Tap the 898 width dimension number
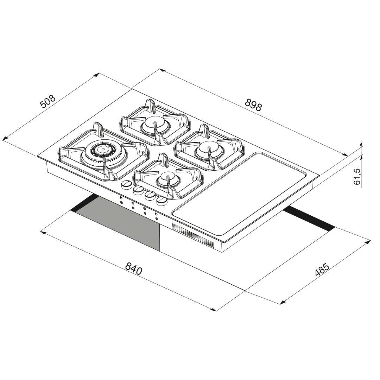(x=253, y=104)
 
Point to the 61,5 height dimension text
(x=357, y=177)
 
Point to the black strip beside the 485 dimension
(x=310, y=219)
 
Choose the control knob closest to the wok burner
(x=126, y=184)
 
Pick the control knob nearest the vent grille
(x=161, y=201)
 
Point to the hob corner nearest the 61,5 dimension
(x=319, y=175)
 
